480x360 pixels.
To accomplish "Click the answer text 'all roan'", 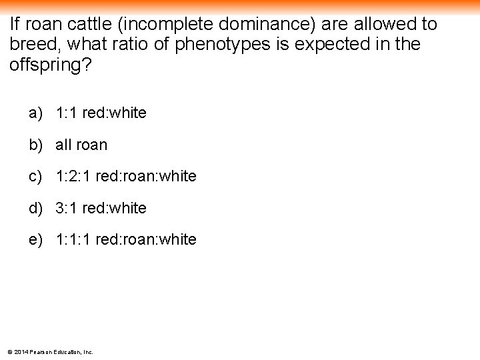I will pyautogui.click(x=81, y=145).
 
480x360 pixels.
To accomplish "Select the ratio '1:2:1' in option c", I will pyautogui.click(x=73, y=177).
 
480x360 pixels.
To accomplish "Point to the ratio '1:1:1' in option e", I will pyautogui.click(x=73, y=239).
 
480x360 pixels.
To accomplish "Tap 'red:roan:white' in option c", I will pyautogui.click(x=146, y=177).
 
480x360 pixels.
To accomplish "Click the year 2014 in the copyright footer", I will pyautogui.click(x=21, y=351).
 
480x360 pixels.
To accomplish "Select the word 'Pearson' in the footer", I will pyautogui.click(x=41, y=351).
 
